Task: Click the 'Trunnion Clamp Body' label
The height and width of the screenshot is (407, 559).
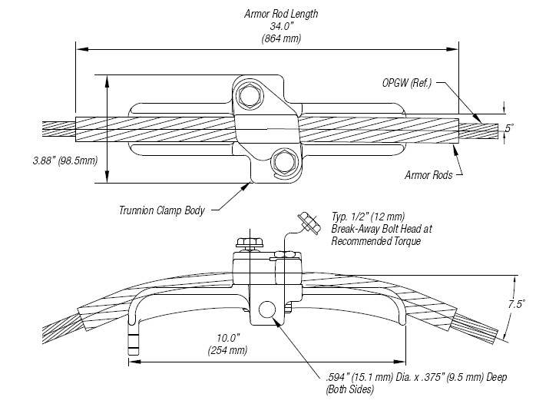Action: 162,210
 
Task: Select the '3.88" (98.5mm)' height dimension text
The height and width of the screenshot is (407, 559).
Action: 48,161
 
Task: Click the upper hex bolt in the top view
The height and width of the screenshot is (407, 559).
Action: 249,96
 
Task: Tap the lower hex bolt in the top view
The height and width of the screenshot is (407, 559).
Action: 284,161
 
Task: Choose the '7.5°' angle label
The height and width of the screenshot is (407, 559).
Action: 516,304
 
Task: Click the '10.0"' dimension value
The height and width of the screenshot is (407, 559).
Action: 228,338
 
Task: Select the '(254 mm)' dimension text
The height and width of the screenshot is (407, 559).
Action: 228,350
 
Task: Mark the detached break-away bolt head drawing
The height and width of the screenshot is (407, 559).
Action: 309,223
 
